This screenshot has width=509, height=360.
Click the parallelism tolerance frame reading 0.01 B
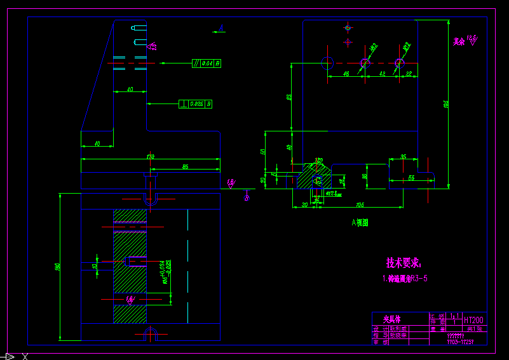[x=207, y=63]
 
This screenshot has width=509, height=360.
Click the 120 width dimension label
[x=150, y=156]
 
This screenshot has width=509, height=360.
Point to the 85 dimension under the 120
[x=185, y=166]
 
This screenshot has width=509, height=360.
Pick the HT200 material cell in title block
[x=474, y=321]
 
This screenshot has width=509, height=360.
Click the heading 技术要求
[x=404, y=262]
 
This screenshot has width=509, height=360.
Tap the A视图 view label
[x=360, y=223]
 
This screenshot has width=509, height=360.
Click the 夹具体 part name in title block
[x=393, y=319]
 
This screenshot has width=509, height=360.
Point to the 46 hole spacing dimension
[x=346, y=74]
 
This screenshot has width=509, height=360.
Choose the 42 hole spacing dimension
[x=383, y=74]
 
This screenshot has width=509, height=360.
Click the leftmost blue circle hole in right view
[x=328, y=63]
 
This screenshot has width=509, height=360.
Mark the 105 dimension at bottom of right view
[x=360, y=204]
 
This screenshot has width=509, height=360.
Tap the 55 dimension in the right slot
[x=411, y=179]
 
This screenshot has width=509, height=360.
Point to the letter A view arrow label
[x=221, y=27]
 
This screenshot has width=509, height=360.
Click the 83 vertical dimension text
[x=289, y=97]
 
